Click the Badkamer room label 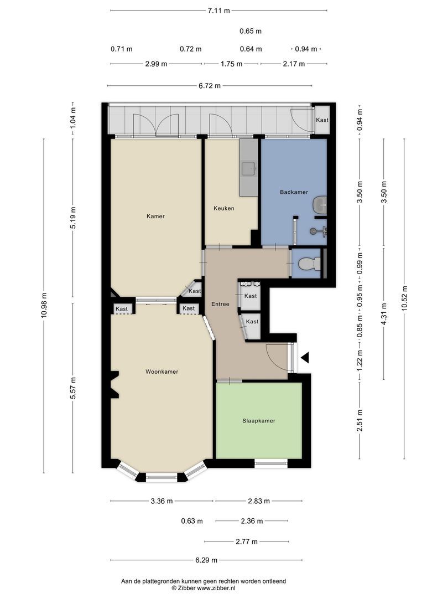click(294, 192)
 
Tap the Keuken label click(223, 208)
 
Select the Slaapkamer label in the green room click(259, 421)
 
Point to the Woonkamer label click(162, 372)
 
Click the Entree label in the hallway click(220, 304)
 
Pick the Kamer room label click(155, 216)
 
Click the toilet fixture click(309, 263)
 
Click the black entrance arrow click(305, 358)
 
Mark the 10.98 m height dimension click(45, 306)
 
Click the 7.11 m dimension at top click(218, 11)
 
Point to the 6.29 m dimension click(206, 560)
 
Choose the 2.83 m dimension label click(259, 501)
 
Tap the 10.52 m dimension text click(404, 298)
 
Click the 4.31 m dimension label click(384, 314)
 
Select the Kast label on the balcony click(322, 120)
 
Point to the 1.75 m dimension click(232, 64)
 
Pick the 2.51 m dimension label click(360, 420)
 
